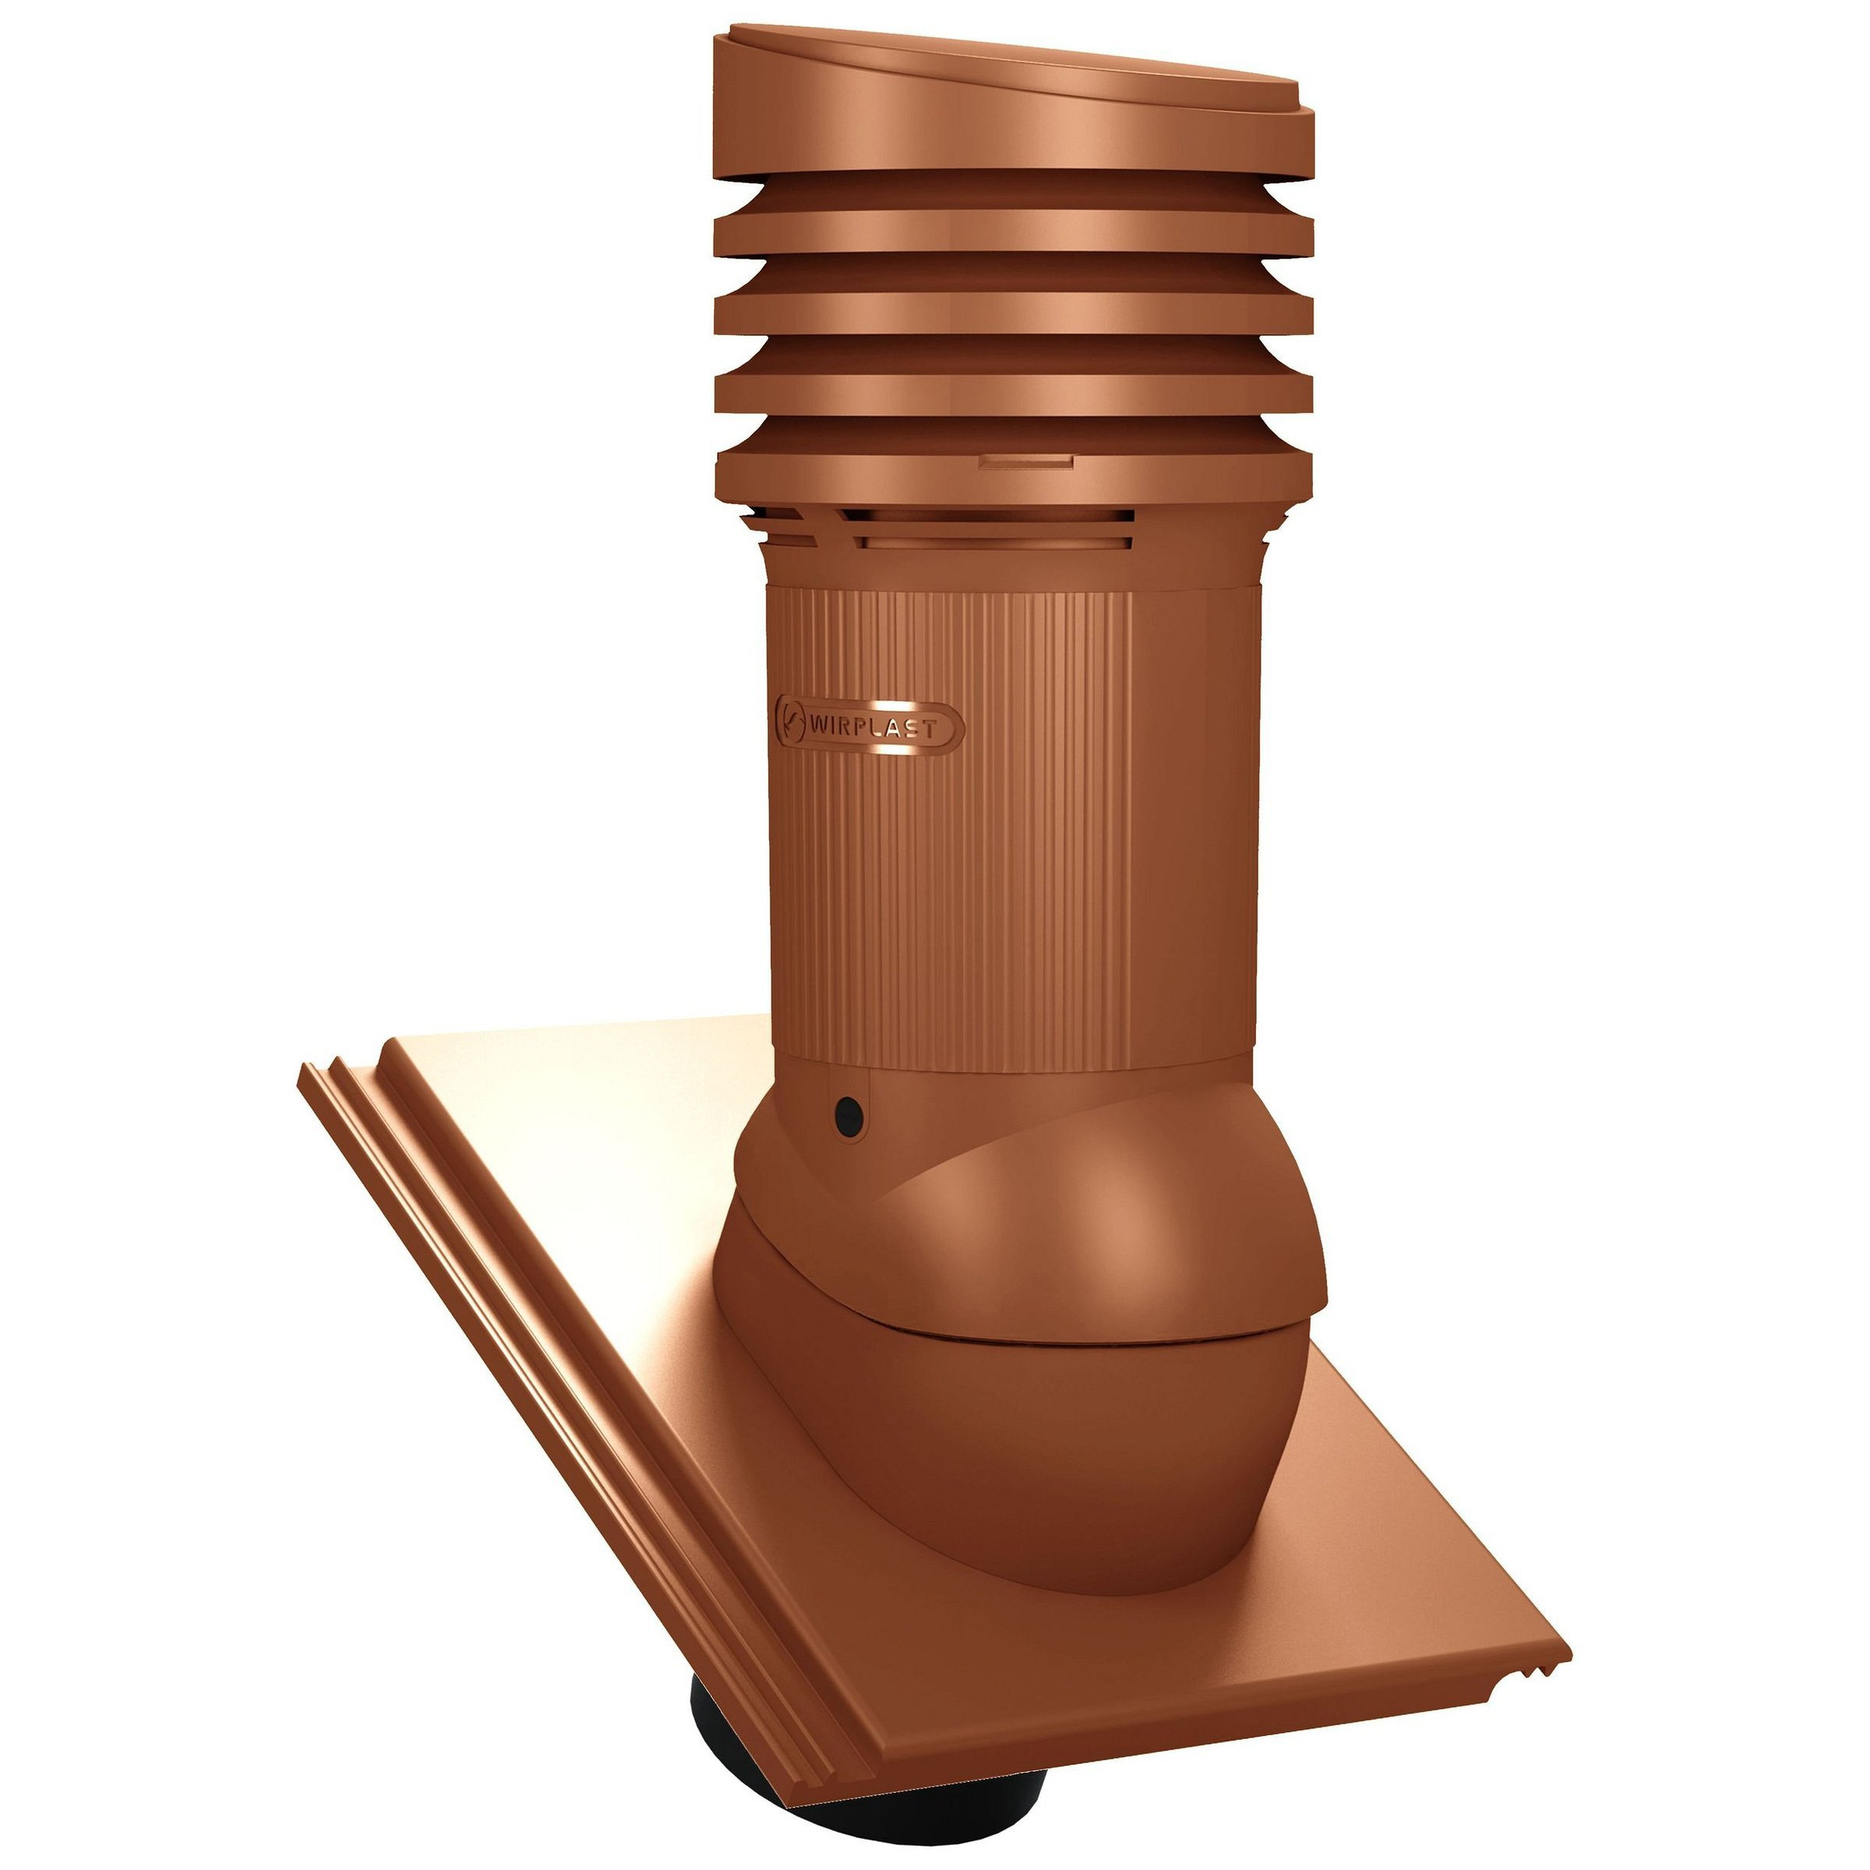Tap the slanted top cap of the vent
tap(1014, 97)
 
